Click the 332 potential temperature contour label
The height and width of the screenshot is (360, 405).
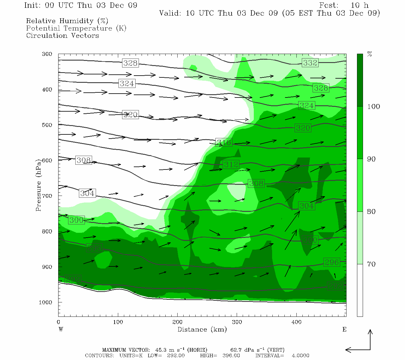tap(310, 63)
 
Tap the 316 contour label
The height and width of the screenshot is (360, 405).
tap(224, 142)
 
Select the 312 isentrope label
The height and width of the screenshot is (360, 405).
tap(231, 164)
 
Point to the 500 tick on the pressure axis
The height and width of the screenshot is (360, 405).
tap(47, 125)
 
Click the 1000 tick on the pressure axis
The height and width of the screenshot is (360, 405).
tap(46, 302)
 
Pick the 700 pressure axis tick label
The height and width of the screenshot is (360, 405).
tap(47, 196)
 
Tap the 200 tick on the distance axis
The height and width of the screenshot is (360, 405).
tap(177, 322)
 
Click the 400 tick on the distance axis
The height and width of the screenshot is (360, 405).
tap(296, 322)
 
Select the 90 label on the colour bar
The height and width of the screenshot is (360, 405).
tap(371, 159)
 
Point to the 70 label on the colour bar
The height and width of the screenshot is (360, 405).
tap(371, 264)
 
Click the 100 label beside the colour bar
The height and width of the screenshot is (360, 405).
tap(373, 106)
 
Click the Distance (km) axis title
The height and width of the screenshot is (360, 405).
tap(202, 329)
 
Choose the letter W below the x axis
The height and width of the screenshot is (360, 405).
tap(61, 329)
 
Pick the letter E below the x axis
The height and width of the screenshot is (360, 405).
tap(344, 329)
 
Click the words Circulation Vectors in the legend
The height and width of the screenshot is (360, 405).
tap(62, 36)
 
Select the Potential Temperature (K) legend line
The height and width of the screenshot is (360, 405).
tap(76, 28)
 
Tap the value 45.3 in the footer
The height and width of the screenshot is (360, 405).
tap(160, 350)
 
